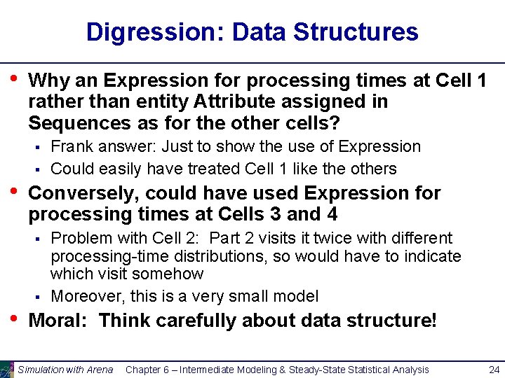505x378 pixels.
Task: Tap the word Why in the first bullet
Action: click(x=48, y=80)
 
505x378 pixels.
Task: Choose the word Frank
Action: click(x=72, y=147)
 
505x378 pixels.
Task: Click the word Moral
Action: click(x=58, y=321)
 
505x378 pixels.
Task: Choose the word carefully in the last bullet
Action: click(x=197, y=321)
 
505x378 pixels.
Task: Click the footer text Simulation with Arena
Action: click(x=65, y=370)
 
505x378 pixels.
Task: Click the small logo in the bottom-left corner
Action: click(x=7, y=369)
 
